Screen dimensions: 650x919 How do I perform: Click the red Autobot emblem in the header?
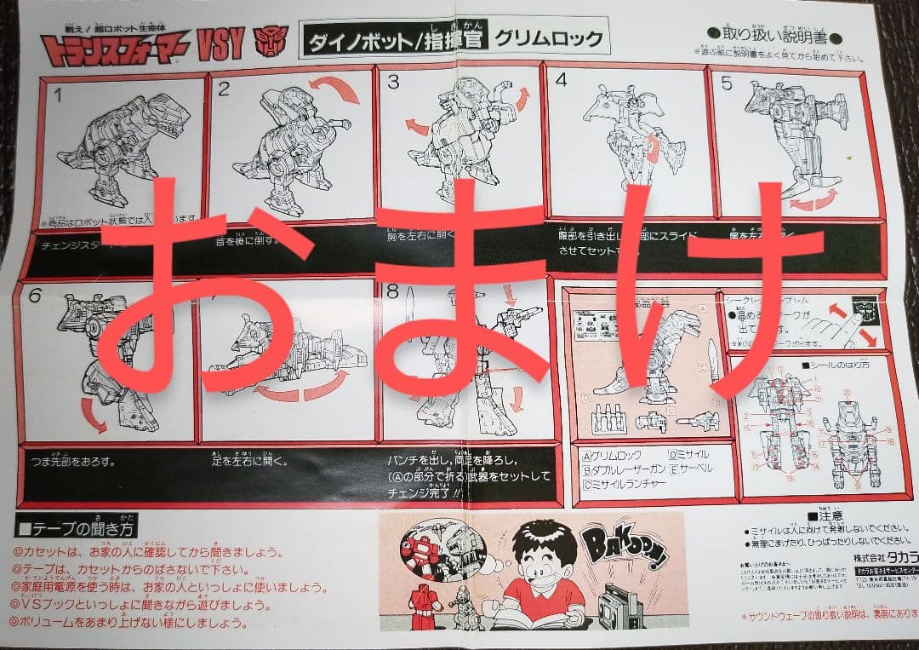click(271, 41)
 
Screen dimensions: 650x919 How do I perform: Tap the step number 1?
click(58, 95)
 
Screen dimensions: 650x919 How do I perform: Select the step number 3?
click(393, 82)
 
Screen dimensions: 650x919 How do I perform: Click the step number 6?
click(35, 296)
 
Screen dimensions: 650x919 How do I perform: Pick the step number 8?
click(392, 291)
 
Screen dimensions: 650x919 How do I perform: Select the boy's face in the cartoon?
click(540, 555)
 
